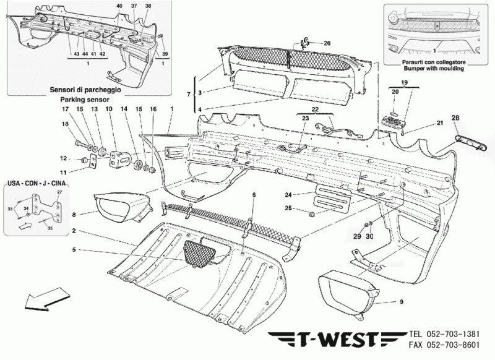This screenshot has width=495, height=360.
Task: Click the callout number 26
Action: [327, 43]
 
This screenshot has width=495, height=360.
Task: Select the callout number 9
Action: [400, 302]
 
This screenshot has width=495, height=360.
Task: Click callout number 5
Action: [73, 250]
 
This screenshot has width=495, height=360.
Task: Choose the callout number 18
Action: [65, 124]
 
